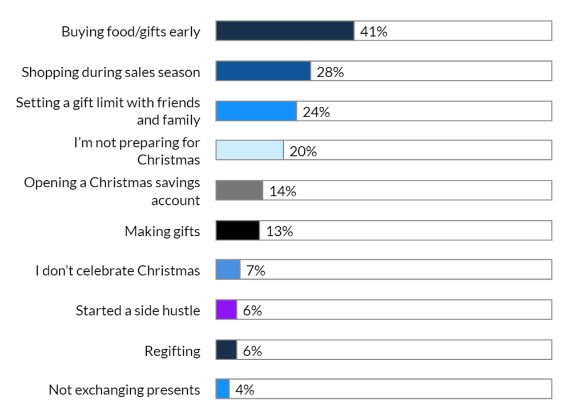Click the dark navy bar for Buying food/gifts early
click(x=284, y=31)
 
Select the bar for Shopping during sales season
click(x=263, y=71)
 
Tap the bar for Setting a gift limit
click(x=256, y=111)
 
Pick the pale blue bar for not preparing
click(x=249, y=150)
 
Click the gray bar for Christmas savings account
click(x=239, y=190)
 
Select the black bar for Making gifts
click(x=237, y=230)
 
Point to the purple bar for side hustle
click(x=226, y=309)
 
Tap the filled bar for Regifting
click(x=226, y=349)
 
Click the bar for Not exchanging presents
click(x=223, y=389)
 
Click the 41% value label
click(x=373, y=31)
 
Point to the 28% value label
click(x=330, y=72)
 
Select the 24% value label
click(x=316, y=112)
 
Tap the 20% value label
click(x=303, y=151)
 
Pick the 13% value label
click(x=279, y=231)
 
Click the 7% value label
click(x=256, y=271)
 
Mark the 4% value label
click(x=245, y=390)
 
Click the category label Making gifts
click(x=162, y=231)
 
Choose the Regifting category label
click(x=172, y=350)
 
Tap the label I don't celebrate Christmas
click(x=118, y=271)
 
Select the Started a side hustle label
click(x=138, y=311)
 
